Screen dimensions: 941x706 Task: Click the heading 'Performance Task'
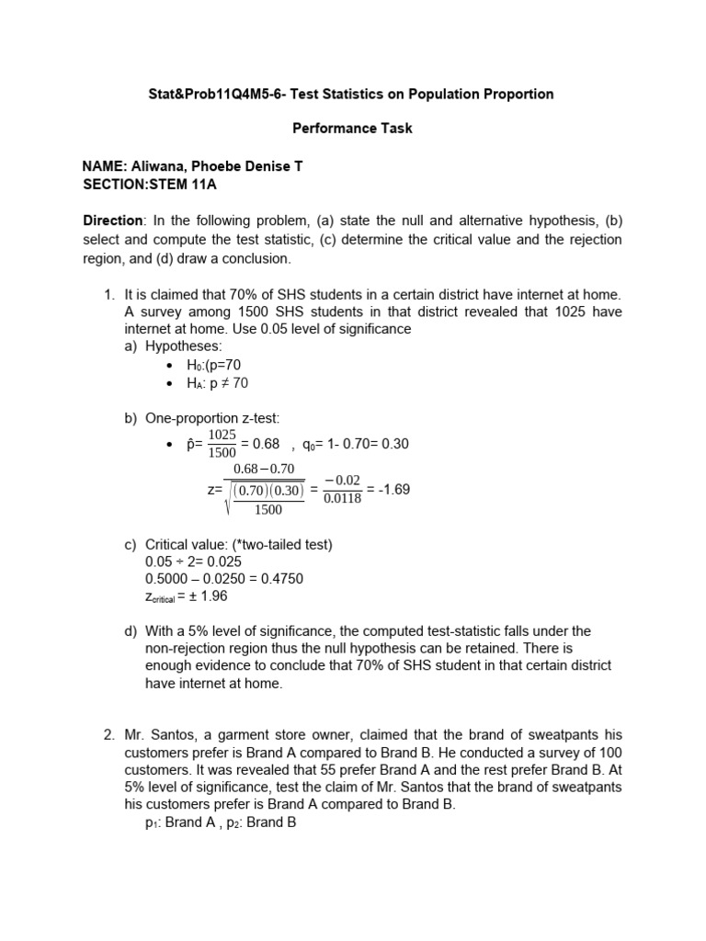pos(352,129)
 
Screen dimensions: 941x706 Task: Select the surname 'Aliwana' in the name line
pos(157,166)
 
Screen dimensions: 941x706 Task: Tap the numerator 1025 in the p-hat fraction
pos(222,435)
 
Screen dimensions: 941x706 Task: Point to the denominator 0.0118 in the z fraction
pos(343,499)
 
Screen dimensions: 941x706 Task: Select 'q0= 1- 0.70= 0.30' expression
pos(356,444)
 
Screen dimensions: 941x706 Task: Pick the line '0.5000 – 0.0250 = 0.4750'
pos(224,578)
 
